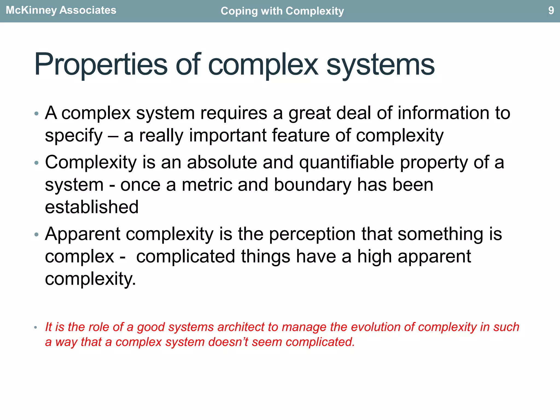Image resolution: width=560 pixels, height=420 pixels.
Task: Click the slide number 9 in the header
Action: tap(551, 10)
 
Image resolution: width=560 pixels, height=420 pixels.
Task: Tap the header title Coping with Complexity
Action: tap(282, 11)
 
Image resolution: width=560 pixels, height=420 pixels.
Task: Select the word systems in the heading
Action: tap(380, 65)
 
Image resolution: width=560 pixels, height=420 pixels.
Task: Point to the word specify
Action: tap(74, 136)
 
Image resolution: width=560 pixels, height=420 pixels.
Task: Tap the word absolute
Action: tap(222, 162)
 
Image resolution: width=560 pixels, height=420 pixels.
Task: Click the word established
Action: tap(92, 207)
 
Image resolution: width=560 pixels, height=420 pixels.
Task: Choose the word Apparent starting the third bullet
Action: tap(83, 235)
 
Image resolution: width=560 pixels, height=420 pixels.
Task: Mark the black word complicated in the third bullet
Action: tap(186, 256)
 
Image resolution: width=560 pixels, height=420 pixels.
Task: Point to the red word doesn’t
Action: tap(228, 342)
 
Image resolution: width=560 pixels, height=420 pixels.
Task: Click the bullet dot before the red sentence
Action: tap(36, 327)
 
